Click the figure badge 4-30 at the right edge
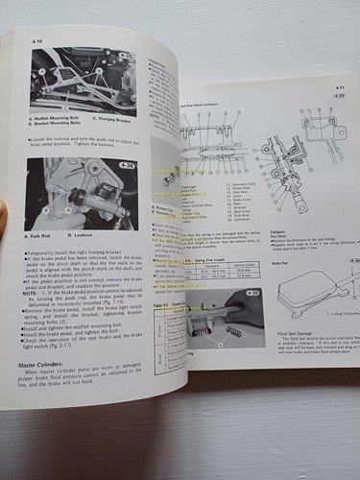[352, 261]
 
